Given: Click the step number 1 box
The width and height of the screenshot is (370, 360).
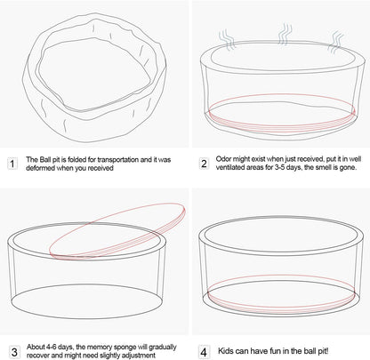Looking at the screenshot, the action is coord(12,164).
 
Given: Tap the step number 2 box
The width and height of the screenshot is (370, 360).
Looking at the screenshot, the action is coord(204,164).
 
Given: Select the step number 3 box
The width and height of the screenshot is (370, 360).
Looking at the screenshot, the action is coord(14,352).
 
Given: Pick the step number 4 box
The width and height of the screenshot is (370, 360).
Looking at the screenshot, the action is coord(204,352).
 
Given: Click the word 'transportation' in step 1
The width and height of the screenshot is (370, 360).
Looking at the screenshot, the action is coord(118,160).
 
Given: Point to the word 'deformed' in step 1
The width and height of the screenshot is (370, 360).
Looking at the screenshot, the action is coord(41,168).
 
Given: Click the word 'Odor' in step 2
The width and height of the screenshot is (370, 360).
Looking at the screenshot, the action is coord(223,159).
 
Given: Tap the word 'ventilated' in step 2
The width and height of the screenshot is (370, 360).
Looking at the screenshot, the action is coord(229,167).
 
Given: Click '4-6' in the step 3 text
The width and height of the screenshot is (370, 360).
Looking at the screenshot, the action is coord(51,347).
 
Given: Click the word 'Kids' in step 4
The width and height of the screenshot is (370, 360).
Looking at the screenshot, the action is coord(225,351).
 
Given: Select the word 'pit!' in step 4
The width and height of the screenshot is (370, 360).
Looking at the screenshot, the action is coord(323,351).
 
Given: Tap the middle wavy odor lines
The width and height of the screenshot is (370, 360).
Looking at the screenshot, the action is coord(285,35).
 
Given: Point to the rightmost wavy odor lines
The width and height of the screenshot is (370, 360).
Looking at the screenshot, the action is coord(336,42).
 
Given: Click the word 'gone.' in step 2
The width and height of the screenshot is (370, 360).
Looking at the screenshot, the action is coord(349,167).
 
